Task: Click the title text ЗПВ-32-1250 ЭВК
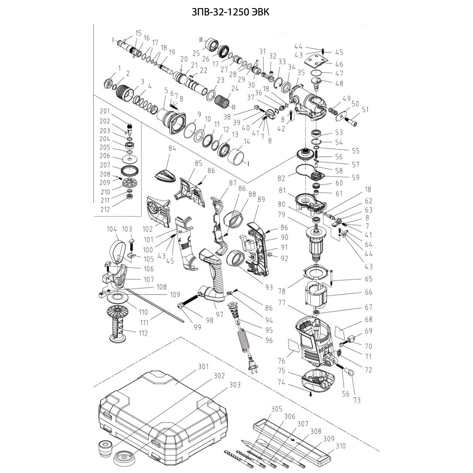[230, 12]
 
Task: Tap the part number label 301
[203, 367]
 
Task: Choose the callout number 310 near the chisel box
[340, 446]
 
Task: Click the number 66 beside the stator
[355, 293]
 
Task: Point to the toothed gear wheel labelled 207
[129, 170]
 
